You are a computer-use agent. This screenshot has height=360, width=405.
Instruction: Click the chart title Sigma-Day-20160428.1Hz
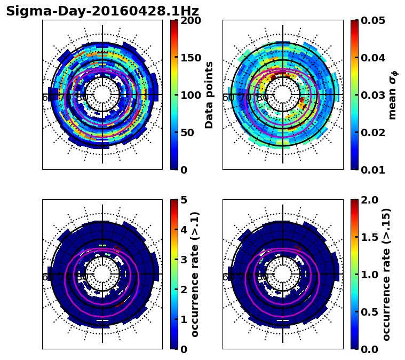click(102, 11)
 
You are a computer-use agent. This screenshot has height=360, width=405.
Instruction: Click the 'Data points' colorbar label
click(209, 95)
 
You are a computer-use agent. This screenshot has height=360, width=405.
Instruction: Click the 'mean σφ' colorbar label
click(392, 95)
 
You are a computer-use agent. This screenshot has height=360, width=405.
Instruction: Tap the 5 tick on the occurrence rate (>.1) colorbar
click(183, 200)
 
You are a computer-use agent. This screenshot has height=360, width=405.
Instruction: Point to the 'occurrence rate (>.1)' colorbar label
click(195, 274)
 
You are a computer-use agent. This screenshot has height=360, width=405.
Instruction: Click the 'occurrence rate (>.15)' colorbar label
click(386, 274)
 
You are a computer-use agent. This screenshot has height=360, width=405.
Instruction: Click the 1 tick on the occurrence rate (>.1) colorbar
click(183, 319)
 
